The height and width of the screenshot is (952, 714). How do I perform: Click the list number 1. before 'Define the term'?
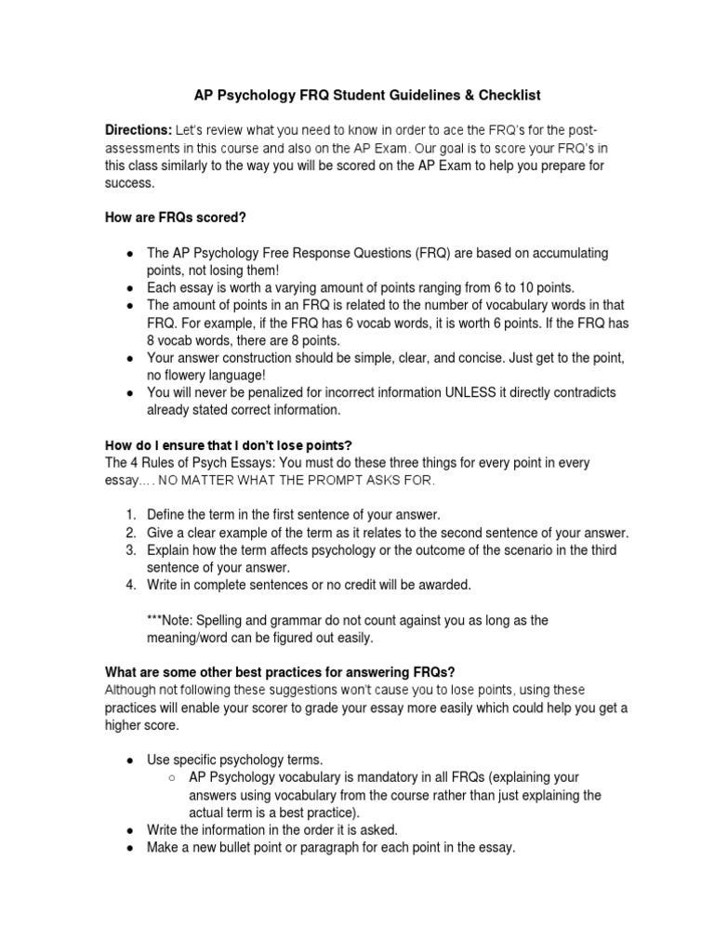pyautogui.click(x=131, y=515)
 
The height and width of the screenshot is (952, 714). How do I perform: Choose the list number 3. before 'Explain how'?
pyautogui.click(x=131, y=550)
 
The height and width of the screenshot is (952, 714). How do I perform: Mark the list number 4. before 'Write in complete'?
pyautogui.click(x=131, y=585)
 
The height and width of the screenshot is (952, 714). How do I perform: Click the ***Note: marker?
pyautogui.click(x=170, y=620)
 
